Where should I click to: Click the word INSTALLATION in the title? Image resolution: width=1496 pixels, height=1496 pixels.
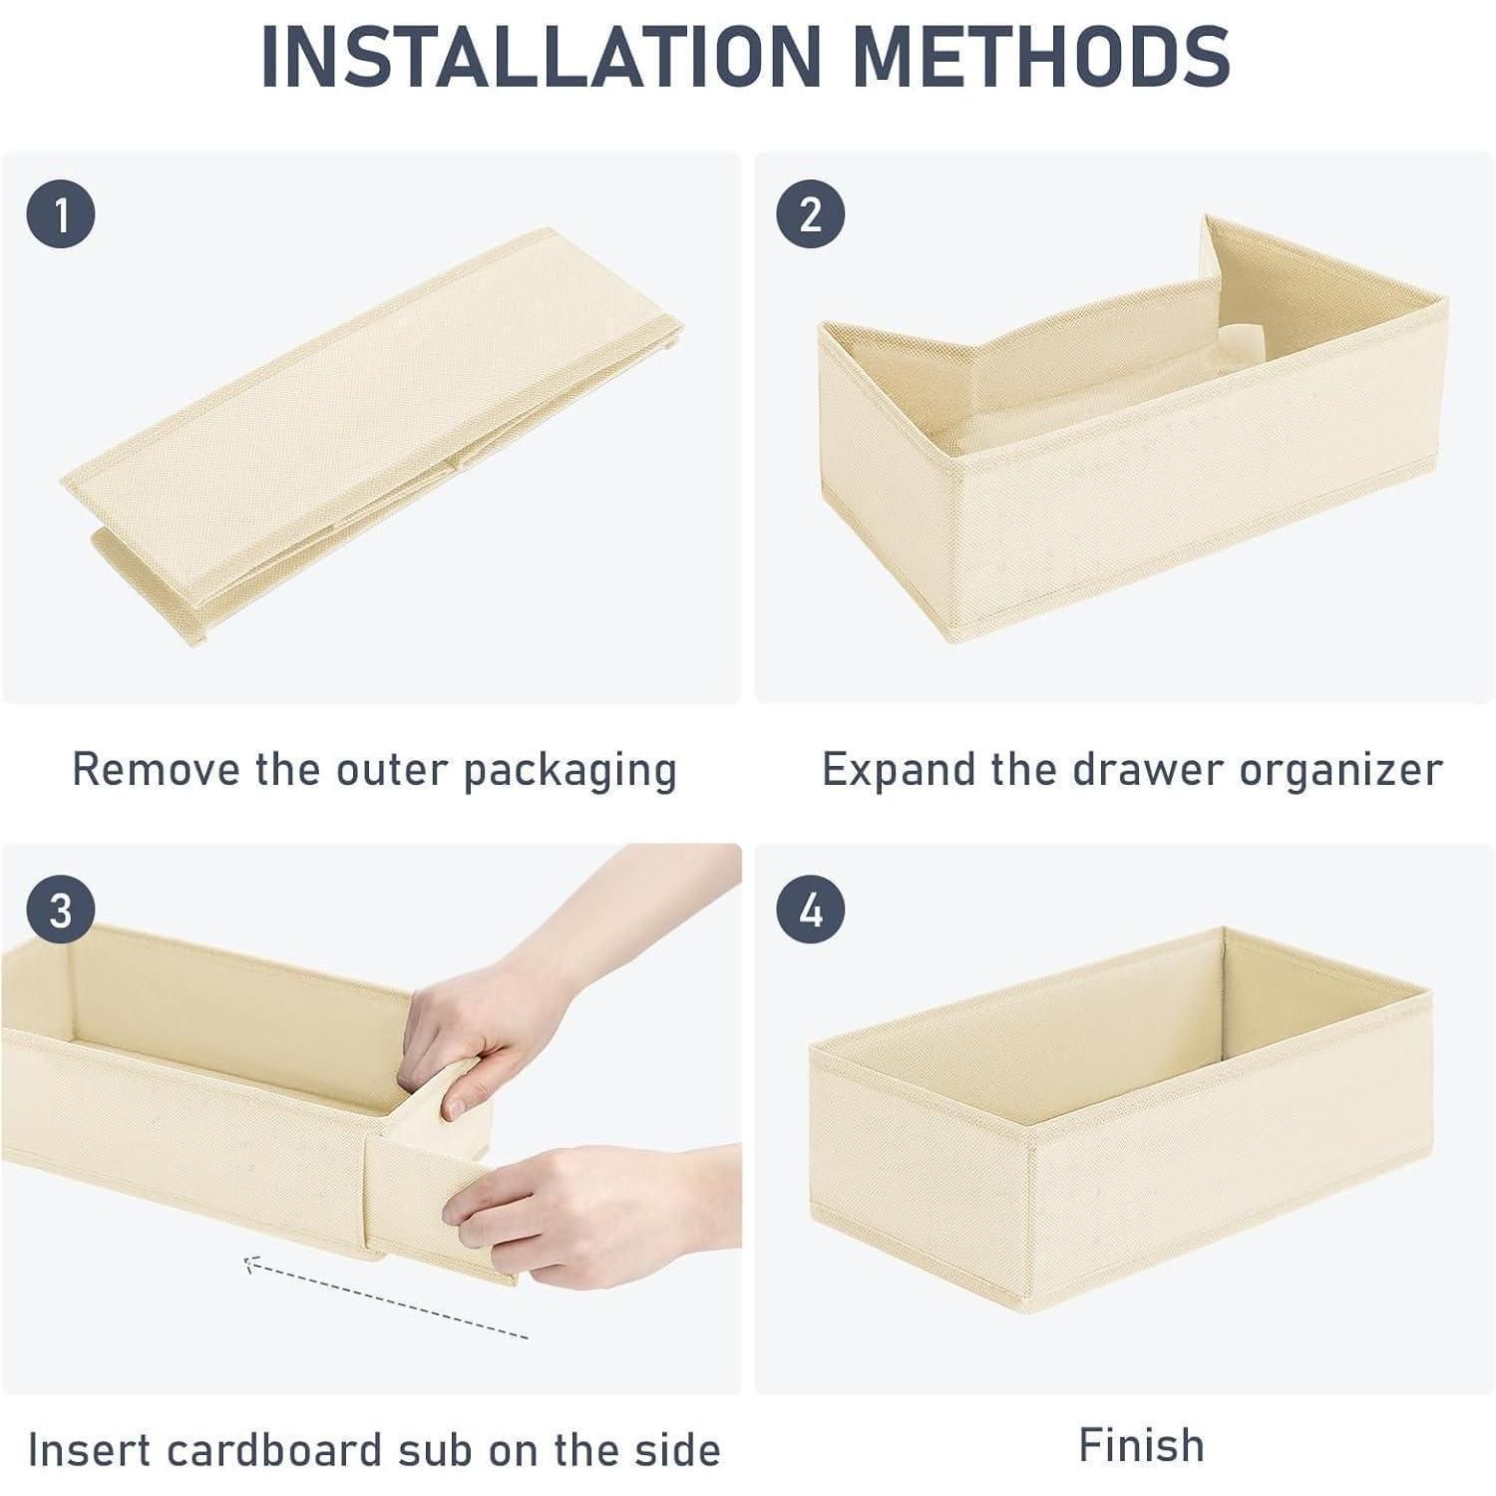click(539, 55)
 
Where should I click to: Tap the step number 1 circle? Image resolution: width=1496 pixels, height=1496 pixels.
click(61, 214)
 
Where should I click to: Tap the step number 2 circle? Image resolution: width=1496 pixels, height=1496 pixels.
click(811, 214)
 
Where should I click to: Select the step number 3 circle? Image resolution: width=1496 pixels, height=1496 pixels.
click(61, 911)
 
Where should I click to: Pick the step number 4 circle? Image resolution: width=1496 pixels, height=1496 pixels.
click(811, 911)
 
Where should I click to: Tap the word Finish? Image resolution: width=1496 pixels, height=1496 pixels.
click(1142, 1445)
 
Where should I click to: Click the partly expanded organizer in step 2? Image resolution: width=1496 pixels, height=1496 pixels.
click(1132, 429)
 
